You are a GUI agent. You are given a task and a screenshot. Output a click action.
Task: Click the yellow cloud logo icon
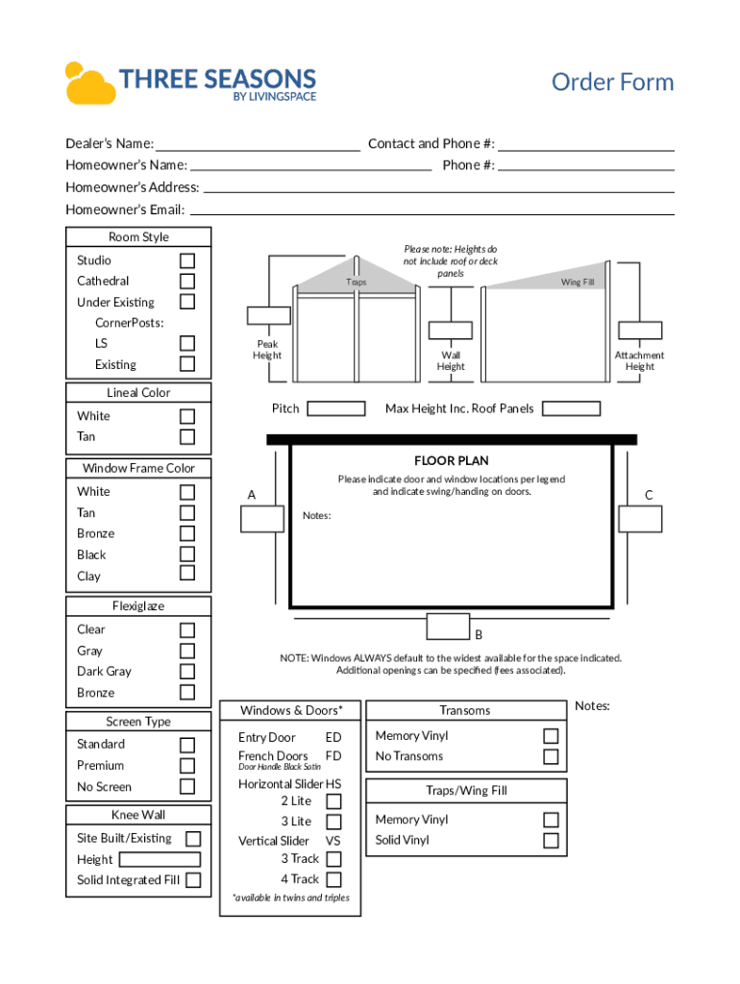click(x=89, y=83)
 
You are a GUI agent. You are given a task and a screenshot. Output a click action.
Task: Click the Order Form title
click(x=612, y=83)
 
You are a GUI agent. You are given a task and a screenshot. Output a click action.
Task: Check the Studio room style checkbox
click(x=187, y=260)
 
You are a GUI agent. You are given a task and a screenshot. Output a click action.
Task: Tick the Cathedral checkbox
click(x=187, y=282)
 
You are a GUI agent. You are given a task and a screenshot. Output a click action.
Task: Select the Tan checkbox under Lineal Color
click(x=187, y=437)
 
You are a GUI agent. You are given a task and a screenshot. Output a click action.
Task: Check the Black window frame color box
click(x=187, y=554)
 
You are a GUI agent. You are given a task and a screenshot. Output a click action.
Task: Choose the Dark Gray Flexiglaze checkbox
click(x=187, y=672)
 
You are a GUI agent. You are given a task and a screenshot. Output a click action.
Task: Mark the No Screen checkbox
click(x=187, y=787)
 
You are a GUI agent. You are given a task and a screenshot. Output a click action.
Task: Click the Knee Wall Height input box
click(x=160, y=860)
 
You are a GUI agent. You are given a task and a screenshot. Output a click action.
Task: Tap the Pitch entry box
click(x=335, y=409)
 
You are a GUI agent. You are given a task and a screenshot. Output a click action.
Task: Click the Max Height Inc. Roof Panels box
click(x=571, y=409)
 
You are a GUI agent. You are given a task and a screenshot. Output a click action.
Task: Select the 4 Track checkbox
click(x=333, y=879)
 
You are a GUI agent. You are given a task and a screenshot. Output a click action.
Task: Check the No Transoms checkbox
click(x=551, y=756)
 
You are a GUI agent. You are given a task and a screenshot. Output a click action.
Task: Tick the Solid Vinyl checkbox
click(x=551, y=841)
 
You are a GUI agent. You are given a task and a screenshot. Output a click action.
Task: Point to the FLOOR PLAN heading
click(x=452, y=461)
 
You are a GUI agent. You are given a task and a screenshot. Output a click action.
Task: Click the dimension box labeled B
click(x=448, y=627)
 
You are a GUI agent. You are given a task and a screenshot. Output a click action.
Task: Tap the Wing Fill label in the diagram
click(x=578, y=283)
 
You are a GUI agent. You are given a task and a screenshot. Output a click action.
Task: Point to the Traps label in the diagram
click(x=357, y=283)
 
